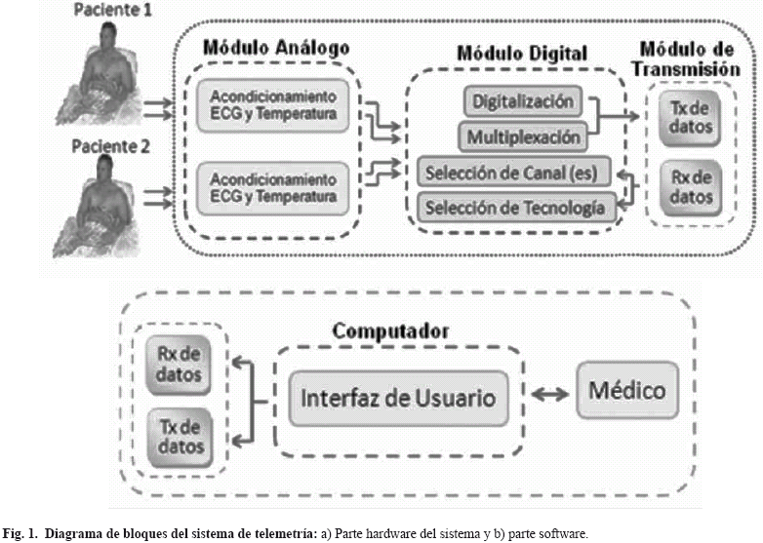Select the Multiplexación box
pyautogui.click(x=524, y=136)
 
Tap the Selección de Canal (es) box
pyautogui.click(x=513, y=174)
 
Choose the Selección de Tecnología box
pyautogui.click(x=516, y=207)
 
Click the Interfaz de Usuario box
pyautogui.click(x=398, y=398)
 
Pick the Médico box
pyautogui.click(x=627, y=391)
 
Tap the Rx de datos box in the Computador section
pyautogui.click(x=178, y=363)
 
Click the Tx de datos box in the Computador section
pyautogui.click(x=178, y=435)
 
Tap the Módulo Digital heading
pyautogui.click(x=524, y=54)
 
